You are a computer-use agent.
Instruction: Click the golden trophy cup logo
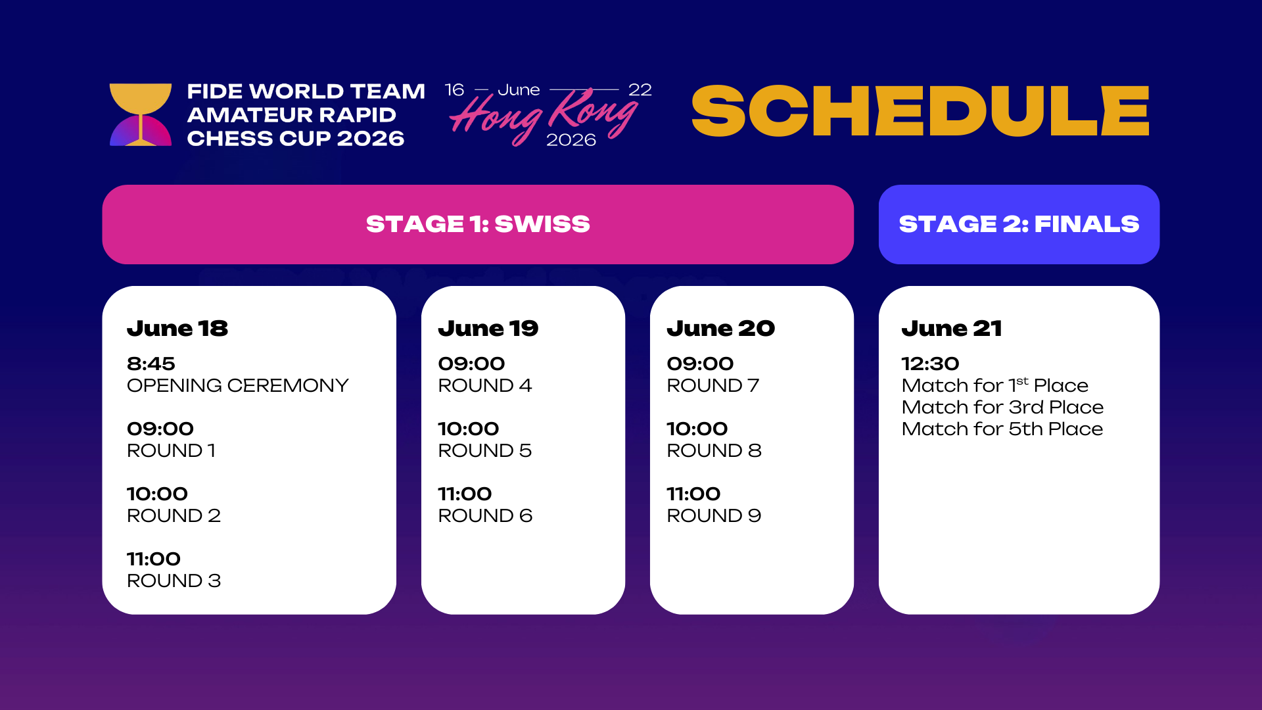[141, 114]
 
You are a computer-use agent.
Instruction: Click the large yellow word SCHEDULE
[920, 110]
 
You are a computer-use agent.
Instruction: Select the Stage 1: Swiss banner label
[478, 224]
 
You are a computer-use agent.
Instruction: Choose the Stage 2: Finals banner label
[1019, 224]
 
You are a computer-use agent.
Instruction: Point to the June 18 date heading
[177, 328]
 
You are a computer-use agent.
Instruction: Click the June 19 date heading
[488, 328]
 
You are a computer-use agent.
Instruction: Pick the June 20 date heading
[721, 328]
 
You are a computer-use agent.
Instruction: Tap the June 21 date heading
[952, 328]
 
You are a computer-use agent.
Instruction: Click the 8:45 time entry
[151, 364]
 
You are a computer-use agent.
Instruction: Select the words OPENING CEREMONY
[237, 385]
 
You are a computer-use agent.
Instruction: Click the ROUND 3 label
[174, 580]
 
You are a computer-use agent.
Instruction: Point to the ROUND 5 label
[485, 450]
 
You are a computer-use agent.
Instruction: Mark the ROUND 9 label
[714, 515]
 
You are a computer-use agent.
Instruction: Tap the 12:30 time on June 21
[930, 364]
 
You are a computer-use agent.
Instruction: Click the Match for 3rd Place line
[1002, 407]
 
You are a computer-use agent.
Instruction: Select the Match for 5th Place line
[1002, 429]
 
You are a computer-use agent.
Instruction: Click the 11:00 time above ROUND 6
[465, 494]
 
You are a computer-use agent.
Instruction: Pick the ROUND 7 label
[713, 385]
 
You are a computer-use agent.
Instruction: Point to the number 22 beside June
[640, 90]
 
